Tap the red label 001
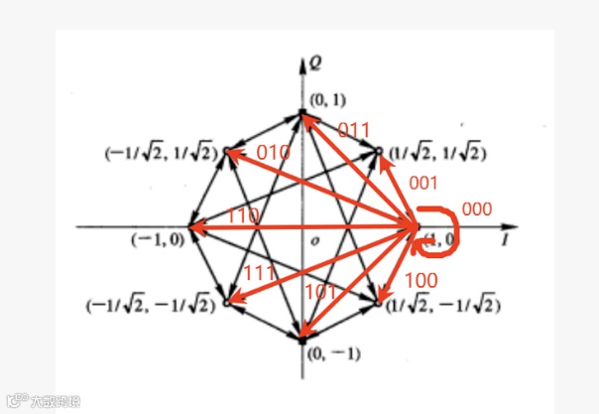coord(423,184)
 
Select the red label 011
coord(355,130)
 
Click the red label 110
coord(243,215)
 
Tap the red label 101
coord(320,292)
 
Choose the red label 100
coord(422,281)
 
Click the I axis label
coord(506,241)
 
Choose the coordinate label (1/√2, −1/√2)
coord(442,302)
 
